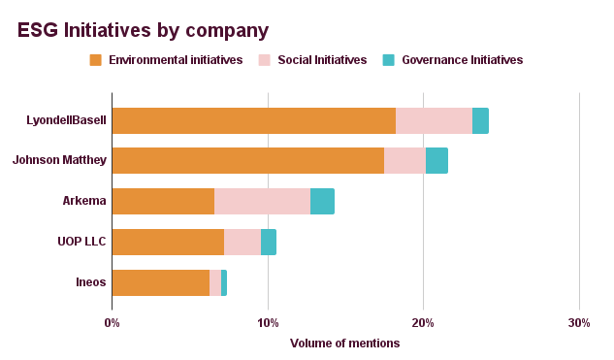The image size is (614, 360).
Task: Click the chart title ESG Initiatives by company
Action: pos(144,31)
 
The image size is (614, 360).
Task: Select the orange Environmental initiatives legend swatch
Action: pos(95,60)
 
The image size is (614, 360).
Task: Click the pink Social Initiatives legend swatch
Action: pos(264,60)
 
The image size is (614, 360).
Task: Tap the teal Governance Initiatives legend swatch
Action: pos(388,60)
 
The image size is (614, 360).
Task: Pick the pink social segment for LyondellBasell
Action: pos(434,120)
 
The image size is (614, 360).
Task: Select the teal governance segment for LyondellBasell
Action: pos(480,120)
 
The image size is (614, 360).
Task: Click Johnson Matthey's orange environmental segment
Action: pos(248,161)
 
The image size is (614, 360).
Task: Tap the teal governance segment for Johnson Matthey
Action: pos(436,161)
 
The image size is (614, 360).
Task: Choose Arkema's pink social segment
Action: pos(262,201)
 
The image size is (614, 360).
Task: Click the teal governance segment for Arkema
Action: pos(322,201)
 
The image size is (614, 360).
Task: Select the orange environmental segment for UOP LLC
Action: pos(168,242)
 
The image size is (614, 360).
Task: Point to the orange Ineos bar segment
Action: pos(161,282)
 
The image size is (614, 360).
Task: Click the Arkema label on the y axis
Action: pos(83,201)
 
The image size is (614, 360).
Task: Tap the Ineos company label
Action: pos(90,282)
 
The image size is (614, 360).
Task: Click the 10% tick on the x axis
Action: pos(268,322)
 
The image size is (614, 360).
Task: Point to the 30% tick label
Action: pos(578,322)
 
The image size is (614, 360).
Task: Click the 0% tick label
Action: pos(112,322)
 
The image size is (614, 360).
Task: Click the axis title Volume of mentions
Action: pos(344,343)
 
